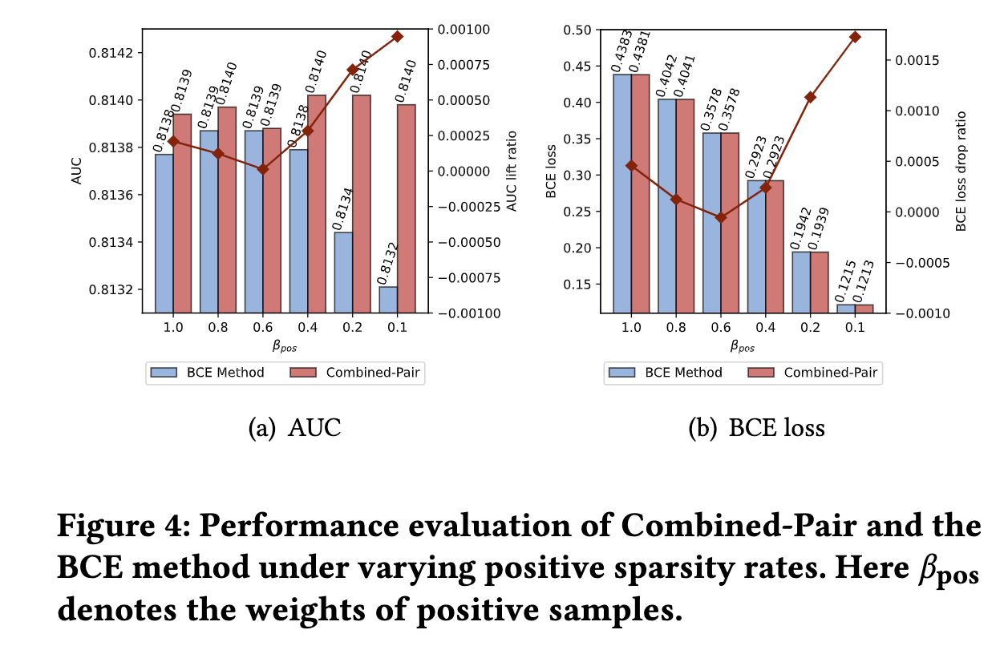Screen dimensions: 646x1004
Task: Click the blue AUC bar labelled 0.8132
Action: (x=388, y=299)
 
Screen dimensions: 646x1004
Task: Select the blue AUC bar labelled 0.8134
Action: (x=343, y=272)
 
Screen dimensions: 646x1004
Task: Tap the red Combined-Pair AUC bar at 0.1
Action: (x=407, y=208)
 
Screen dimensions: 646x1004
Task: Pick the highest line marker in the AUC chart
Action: (x=398, y=36)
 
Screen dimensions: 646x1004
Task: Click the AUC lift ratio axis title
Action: (x=512, y=172)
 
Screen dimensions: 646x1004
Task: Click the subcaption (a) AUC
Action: (x=294, y=428)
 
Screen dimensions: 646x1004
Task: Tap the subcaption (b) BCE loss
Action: (x=756, y=428)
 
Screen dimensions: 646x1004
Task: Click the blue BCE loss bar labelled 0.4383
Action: (x=621, y=192)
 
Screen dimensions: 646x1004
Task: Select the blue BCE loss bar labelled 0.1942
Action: (x=801, y=281)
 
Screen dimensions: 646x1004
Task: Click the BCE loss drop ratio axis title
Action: (x=961, y=172)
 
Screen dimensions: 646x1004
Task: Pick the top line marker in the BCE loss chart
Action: (x=855, y=37)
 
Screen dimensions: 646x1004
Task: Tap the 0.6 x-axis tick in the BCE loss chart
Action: (x=720, y=327)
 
